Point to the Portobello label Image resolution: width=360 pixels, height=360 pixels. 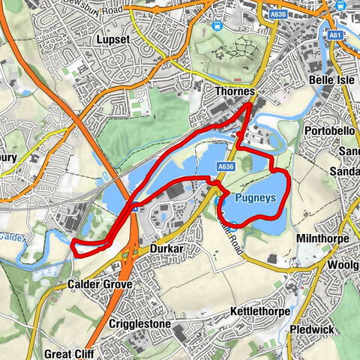click(x=329, y=130)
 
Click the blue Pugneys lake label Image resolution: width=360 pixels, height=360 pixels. click(x=255, y=198)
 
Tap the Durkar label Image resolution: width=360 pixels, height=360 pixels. click(x=167, y=248)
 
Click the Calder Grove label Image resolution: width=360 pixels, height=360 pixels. click(x=99, y=285)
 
